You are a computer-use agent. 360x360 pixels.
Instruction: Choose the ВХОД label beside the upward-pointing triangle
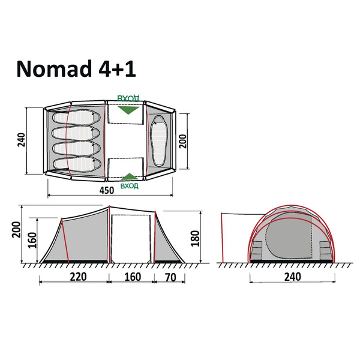(129, 186)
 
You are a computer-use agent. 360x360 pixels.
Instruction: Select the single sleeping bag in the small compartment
(160, 141)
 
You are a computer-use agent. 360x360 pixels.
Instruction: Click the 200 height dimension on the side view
(16, 232)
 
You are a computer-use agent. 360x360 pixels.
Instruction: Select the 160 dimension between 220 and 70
(130, 277)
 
